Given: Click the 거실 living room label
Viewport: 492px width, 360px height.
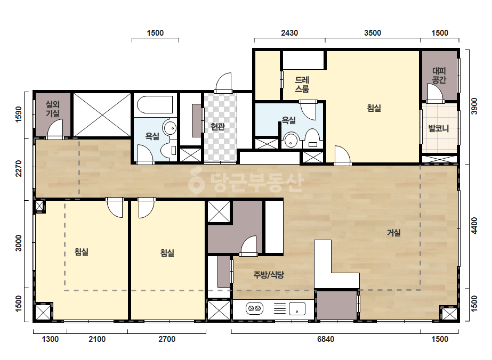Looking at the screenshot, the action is point(393,233).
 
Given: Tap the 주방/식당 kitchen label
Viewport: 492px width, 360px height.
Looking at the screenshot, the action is point(269,275).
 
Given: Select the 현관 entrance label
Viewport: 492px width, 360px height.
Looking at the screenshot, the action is point(218,127).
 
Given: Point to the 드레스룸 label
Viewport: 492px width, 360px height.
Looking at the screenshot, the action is point(302,84).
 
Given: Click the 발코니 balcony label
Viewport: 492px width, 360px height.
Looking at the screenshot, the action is point(439,128).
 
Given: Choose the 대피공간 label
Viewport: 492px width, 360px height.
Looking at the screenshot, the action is point(439,76).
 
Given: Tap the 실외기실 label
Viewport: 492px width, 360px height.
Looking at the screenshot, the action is point(53,109).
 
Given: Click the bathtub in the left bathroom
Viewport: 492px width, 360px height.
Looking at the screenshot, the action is point(155,105).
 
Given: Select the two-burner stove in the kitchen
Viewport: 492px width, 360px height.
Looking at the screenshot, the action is point(254,308).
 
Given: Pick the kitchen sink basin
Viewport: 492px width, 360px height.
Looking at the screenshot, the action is point(297,308).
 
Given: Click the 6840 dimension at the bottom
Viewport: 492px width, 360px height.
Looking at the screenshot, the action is point(326,339).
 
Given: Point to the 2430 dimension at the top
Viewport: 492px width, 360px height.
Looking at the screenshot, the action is point(289,33).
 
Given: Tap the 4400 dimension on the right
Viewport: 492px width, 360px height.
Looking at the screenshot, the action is point(474,226).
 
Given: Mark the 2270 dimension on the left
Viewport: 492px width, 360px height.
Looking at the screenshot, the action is point(19,169).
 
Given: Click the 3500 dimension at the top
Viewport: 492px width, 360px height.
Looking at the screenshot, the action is point(373,33).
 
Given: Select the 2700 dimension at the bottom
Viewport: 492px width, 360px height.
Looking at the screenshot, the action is point(167,339).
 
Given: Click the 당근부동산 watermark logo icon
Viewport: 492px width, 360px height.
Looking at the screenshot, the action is point(196,181).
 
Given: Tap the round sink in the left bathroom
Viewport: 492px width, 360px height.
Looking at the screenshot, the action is point(170,128).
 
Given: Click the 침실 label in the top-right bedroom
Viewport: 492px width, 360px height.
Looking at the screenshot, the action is point(374,108).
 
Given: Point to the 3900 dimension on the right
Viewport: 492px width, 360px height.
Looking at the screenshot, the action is point(474,107).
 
